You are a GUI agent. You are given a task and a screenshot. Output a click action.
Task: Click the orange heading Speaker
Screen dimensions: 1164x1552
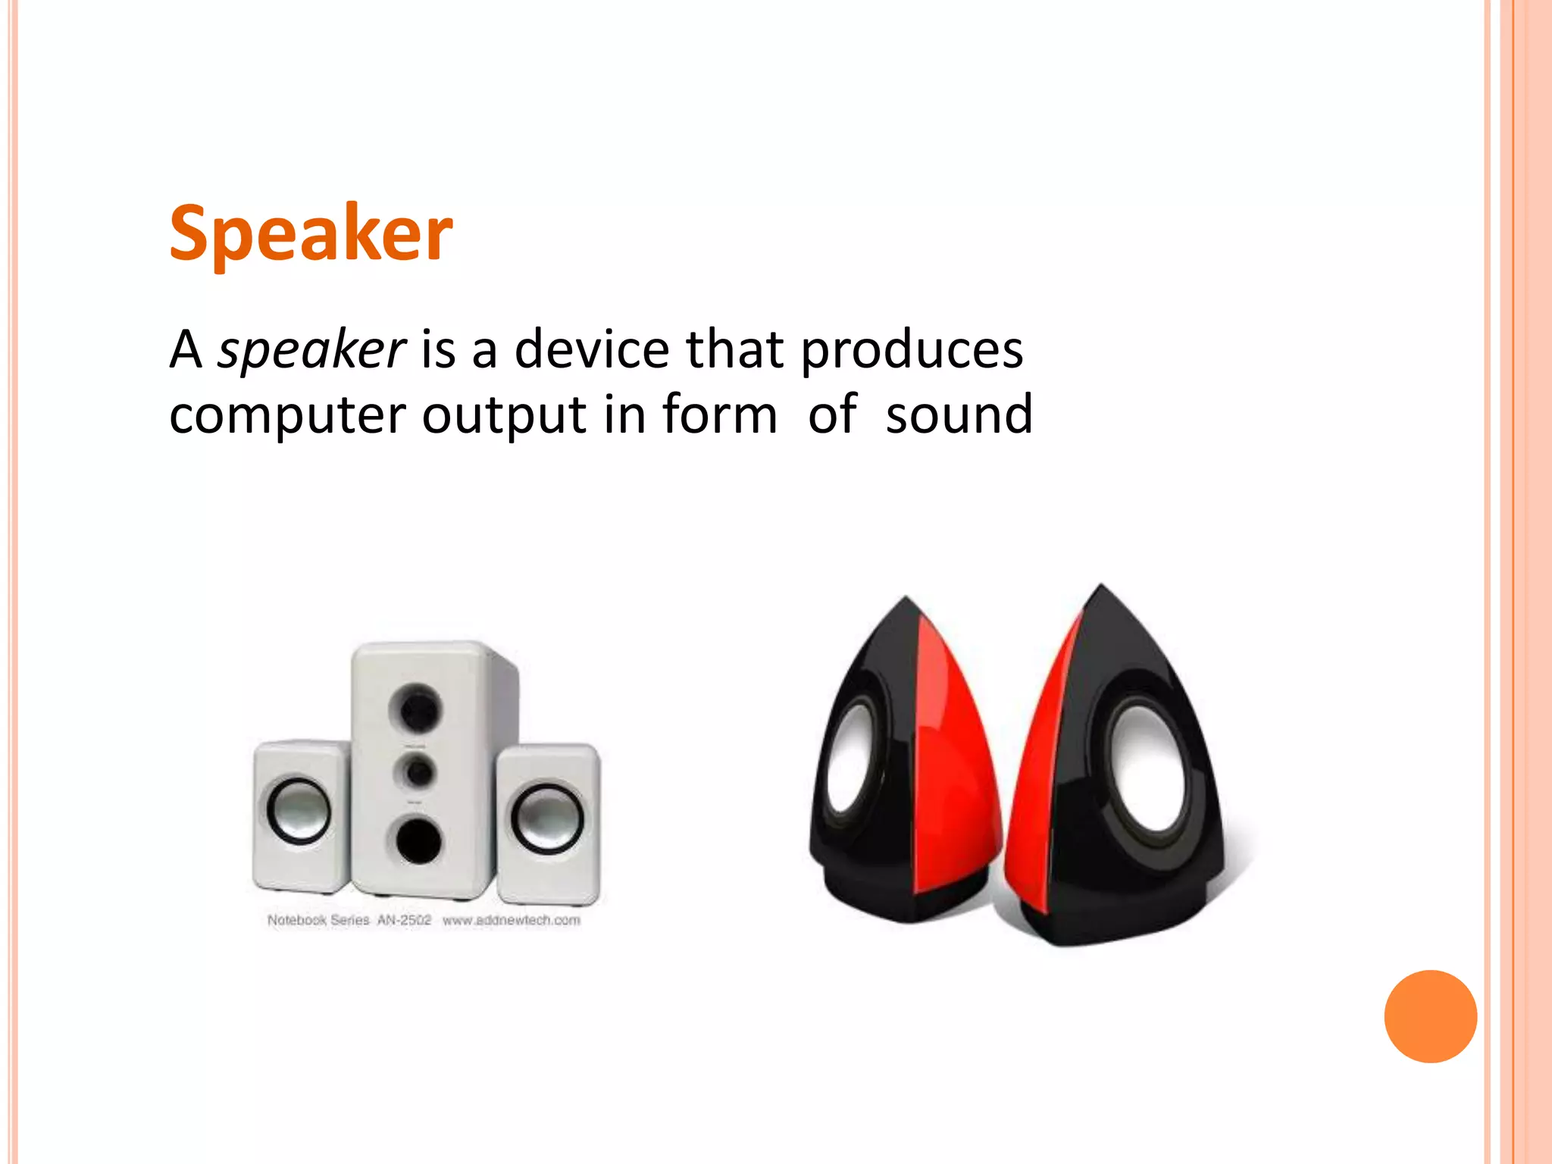coord(311,233)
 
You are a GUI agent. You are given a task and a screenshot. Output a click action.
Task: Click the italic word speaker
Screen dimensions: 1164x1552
coord(311,350)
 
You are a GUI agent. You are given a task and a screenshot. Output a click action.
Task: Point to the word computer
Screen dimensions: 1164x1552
coord(286,415)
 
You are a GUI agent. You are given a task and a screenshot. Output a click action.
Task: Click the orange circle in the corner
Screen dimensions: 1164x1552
coord(1430,1016)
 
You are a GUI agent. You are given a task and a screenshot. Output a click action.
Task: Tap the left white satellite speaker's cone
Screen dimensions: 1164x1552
coord(299,810)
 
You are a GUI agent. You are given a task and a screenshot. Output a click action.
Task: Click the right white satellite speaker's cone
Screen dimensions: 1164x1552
coord(547,818)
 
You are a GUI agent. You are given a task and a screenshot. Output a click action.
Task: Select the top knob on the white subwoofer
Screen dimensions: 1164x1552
coord(415,708)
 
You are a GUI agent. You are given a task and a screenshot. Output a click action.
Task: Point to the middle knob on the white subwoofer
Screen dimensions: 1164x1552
coord(416,772)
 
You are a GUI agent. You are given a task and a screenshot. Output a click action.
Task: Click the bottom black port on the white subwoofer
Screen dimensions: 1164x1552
coord(416,839)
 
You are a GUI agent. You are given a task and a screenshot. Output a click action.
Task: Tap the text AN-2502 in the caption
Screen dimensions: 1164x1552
coord(404,920)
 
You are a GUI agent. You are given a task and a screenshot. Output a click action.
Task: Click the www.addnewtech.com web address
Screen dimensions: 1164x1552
coord(512,920)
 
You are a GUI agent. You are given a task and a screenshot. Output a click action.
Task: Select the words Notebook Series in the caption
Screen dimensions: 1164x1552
coord(318,920)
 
